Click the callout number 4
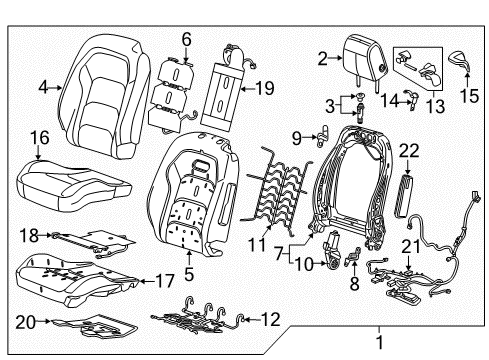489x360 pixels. tap(42, 88)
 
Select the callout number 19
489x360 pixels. tap(263, 88)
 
